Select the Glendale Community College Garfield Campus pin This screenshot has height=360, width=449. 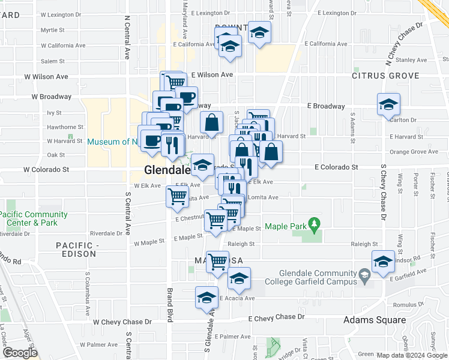tap(364, 277)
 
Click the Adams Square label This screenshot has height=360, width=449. tap(374, 320)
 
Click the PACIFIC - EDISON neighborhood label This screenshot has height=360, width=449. tap(76, 250)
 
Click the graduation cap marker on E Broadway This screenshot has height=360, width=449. tap(388, 104)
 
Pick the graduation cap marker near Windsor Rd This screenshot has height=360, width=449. tap(383, 261)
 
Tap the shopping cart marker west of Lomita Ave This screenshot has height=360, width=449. tap(177, 196)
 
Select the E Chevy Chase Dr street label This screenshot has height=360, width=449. tap(277, 317)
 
